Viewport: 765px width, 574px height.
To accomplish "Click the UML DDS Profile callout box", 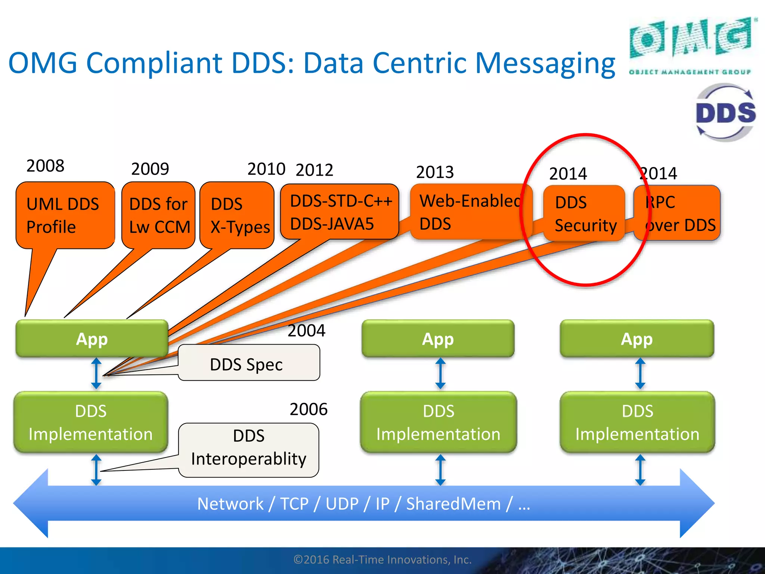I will click(x=65, y=215).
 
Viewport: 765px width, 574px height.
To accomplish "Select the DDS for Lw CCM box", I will click(x=158, y=215).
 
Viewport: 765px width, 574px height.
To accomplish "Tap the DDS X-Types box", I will click(x=237, y=215).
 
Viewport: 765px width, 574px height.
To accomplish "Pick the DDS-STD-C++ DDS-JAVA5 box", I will click(x=340, y=212).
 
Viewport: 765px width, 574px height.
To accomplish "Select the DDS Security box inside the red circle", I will click(x=584, y=213).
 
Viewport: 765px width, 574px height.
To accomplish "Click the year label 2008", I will click(x=45, y=166).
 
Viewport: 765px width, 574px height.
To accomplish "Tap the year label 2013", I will click(x=435, y=172).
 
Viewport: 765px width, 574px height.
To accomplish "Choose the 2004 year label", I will click(x=306, y=330).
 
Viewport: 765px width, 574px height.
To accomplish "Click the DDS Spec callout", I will click(x=248, y=363).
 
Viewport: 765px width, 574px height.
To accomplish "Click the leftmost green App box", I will click(x=92, y=339).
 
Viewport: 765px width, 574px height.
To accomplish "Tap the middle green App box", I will click(x=438, y=339).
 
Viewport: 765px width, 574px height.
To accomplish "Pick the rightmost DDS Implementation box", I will click(x=637, y=422).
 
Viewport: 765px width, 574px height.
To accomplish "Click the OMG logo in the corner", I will click(x=691, y=45).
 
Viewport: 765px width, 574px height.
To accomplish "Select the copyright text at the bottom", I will click(x=382, y=559).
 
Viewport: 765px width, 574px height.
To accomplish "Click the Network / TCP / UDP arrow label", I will click(x=363, y=503).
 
